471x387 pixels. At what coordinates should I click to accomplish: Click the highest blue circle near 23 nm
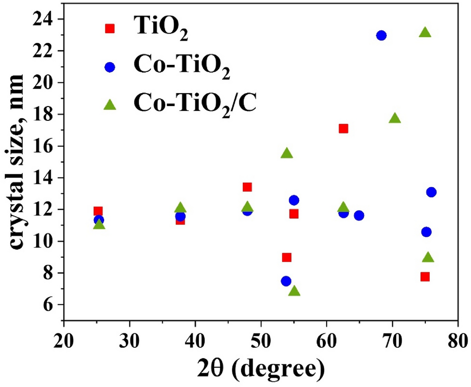[381, 35]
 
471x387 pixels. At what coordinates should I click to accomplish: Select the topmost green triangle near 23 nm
[425, 33]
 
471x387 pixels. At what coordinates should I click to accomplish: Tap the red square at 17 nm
[343, 129]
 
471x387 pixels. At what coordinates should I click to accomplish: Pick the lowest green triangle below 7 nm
[294, 291]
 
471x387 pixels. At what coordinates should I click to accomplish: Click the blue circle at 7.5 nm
[286, 281]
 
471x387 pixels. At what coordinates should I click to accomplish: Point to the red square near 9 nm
[287, 257]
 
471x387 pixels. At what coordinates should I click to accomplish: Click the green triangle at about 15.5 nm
[287, 153]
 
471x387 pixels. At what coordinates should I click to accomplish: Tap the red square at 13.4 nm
[247, 187]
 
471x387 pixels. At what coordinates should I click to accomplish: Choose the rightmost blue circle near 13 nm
[431, 192]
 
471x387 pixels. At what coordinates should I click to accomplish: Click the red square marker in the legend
[110, 28]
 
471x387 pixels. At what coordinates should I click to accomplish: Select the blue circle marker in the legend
[110, 66]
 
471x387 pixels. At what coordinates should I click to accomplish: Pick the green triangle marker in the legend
[110, 105]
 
